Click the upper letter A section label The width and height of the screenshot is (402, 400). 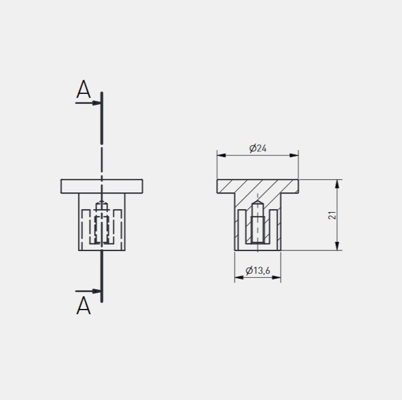click(84, 89)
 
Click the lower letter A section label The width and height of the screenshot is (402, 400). click(84, 306)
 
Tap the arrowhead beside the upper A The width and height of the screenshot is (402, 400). click(96, 103)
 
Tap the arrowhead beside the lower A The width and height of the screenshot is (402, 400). click(96, 291)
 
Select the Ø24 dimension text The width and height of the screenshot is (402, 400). click(258, 148)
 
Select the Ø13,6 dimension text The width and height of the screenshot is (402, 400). click(258, 270)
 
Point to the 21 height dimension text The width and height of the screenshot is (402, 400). click(332, 215)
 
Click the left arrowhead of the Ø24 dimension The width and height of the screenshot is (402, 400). click(221, 155)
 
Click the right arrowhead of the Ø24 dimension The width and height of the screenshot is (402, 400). click(294, 155)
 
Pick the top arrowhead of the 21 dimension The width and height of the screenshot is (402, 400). click(337, 184)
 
